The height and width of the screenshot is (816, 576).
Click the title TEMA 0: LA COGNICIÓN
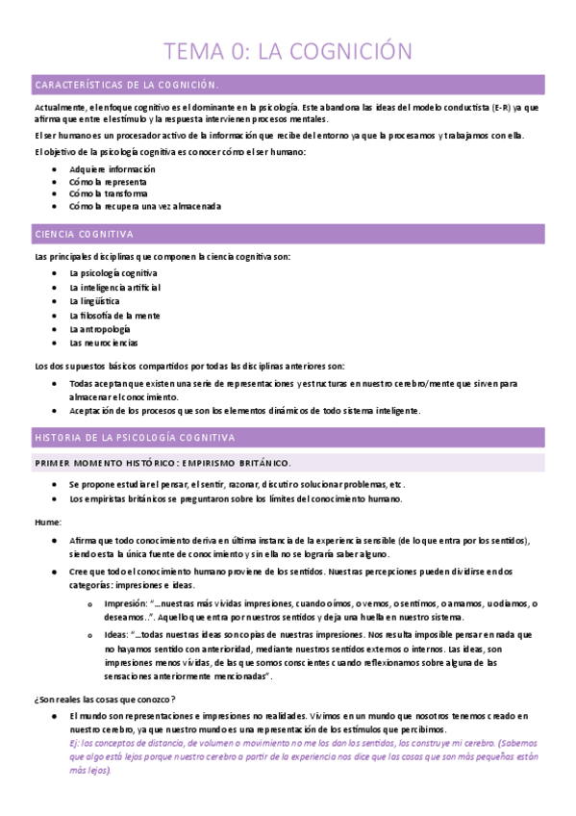pyautogui.click(x=288, y=50)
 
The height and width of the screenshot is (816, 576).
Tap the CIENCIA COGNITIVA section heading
pyautogui.click(x=84, y=235)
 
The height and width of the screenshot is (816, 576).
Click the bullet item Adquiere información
pyautogui.click(x=113, y=169)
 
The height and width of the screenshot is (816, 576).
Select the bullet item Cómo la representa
pyautogui.click(x=108, y=182)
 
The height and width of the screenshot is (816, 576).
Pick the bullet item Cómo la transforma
pyautogui.click(x=109, y=193)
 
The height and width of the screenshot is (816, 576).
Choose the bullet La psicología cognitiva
pyautogui.click(x=113, y=274)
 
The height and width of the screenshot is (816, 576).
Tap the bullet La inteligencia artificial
pyautogui.click(x=115, y=288)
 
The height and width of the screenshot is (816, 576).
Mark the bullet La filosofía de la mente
pyautogui.click(x=114, y=316)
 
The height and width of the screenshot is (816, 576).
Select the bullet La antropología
pyautogui.click(x=100, y=329)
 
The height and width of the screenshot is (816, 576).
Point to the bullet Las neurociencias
pyautogui.click(x=104, y=343)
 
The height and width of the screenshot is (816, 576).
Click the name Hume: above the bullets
pyautogui.click(x=47, y=522)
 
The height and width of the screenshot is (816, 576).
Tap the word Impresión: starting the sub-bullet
pyautogui.click(x=125, y=603)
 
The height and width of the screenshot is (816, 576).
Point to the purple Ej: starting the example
pyautogui.click(x=75, y=744)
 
